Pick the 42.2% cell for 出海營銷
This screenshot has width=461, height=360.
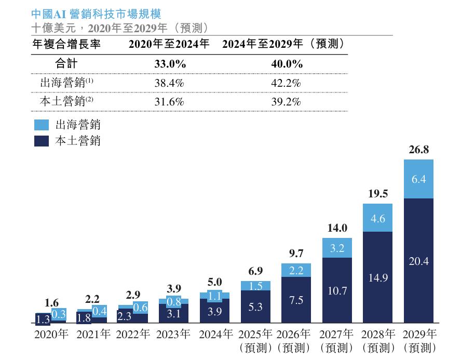tap(286, 83)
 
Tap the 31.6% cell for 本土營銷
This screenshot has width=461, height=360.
tap(169, 102)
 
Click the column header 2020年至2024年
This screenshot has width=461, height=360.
tap(169, 45)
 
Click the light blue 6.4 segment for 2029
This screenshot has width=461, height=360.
tap(418, 179)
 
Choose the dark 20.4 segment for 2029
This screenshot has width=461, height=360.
tap(418, 261)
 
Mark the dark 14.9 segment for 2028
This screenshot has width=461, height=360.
tap(377, 277)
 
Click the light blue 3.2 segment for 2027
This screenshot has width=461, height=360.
tap(337, 248)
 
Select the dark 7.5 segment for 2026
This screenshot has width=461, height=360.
tap(296, 300)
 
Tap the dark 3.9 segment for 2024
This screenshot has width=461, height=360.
tap(214, 311)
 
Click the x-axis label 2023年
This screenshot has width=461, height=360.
tap(174, 334)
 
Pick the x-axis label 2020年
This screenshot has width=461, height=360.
tap(51, 334)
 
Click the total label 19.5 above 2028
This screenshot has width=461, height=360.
tap(377, 194)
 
